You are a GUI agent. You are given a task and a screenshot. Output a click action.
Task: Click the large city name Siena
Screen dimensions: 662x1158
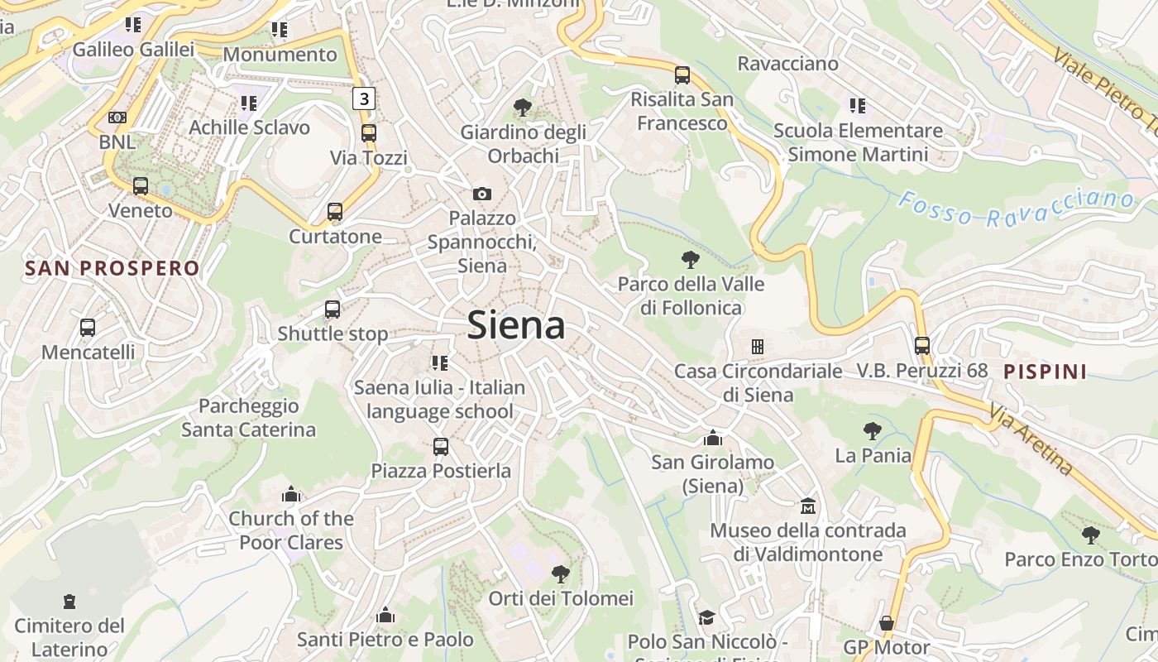coord(516,325)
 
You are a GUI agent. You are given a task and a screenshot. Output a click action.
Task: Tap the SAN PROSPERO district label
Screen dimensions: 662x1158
coord(112,268)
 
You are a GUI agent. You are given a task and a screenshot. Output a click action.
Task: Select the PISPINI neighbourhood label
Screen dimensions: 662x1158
coord(1046,372)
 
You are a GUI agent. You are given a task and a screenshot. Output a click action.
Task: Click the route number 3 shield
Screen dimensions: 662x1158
coord(364,98)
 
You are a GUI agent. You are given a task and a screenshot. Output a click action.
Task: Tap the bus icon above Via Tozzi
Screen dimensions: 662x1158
coord(369,132)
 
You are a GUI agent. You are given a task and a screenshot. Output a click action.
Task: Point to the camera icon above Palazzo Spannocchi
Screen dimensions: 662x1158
coord(481,194)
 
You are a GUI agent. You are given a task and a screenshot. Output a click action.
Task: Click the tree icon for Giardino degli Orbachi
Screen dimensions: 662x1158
coord(522,107)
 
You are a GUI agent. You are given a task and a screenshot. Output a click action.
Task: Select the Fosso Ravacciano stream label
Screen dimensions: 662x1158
coord(1016,207)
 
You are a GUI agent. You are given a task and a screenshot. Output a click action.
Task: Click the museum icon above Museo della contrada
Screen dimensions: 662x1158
coord(807,505)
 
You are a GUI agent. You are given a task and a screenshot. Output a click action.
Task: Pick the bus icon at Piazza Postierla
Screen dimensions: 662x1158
coord(441,447)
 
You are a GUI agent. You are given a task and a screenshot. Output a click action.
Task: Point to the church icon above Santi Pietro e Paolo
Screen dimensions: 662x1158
coord(385,615)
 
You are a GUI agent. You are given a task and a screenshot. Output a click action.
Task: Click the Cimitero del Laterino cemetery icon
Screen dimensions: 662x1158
coord(69,602)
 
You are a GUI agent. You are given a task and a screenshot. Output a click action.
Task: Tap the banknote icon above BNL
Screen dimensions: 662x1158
coord(117,118)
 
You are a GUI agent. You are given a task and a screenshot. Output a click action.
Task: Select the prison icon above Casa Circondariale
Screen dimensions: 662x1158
coord(757,346)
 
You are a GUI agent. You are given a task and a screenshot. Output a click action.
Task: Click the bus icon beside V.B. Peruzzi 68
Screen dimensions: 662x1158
coord(922,346)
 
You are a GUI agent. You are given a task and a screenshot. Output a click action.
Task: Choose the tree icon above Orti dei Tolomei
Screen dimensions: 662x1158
coord(561,573)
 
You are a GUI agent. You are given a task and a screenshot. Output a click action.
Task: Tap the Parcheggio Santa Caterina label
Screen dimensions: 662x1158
coord(248,418)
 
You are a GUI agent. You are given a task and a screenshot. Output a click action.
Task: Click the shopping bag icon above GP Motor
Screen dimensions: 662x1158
coord(887,622)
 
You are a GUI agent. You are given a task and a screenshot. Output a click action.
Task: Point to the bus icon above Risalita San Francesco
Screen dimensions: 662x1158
coord(682,75)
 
